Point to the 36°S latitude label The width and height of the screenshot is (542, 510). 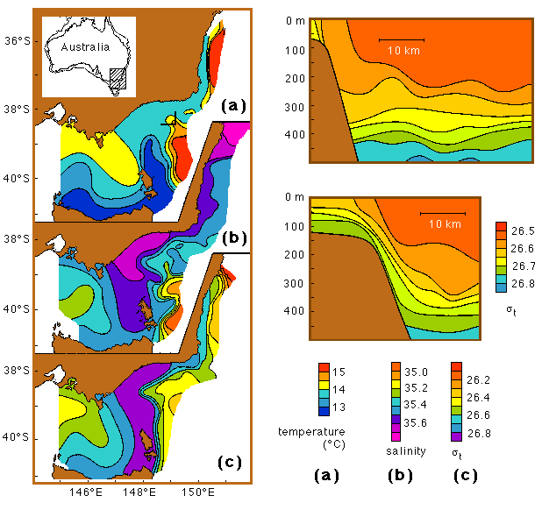pyautogui.click(x=16, y=40)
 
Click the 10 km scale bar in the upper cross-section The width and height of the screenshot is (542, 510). pyautogui.click(x=402, y=40)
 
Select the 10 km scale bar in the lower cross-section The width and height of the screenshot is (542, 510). pyautogui.click(x=442, y=213)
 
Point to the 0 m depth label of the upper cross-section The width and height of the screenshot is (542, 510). pyautogui.click(x=294, y=21)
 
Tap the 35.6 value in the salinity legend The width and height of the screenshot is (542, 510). pyautogui.click(x=424, y=422)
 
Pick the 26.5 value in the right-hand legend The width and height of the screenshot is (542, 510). pyautogui.click(x=523, y=230)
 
